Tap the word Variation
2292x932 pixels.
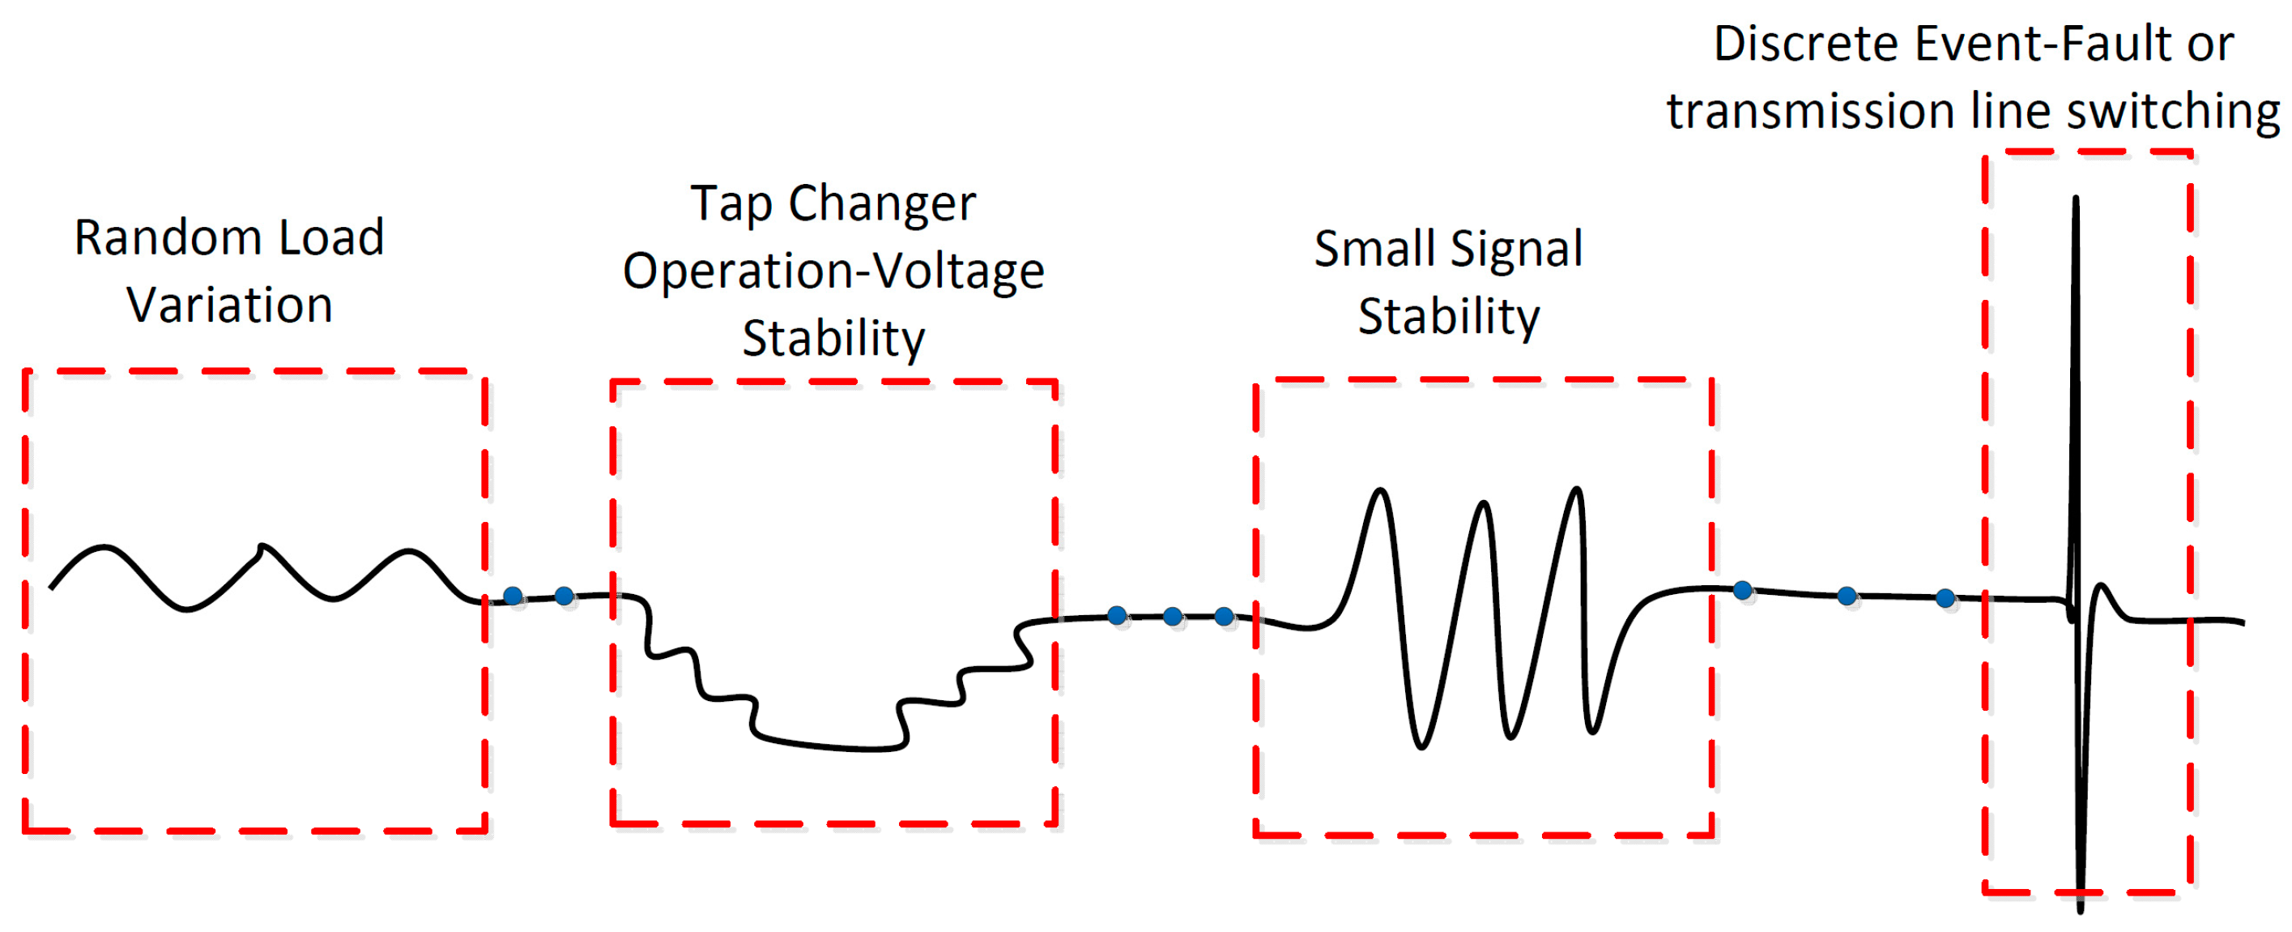[229, 306]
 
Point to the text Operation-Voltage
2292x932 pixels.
[833, 271]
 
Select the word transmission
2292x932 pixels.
[1810, 111]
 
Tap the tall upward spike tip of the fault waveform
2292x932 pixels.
[2076, 199]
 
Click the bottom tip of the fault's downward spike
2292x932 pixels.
[2081, 908]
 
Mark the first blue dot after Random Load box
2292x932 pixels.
[513, 596]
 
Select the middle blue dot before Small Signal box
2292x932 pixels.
[1173, 616]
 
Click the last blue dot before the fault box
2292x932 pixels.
[1946, 598]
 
